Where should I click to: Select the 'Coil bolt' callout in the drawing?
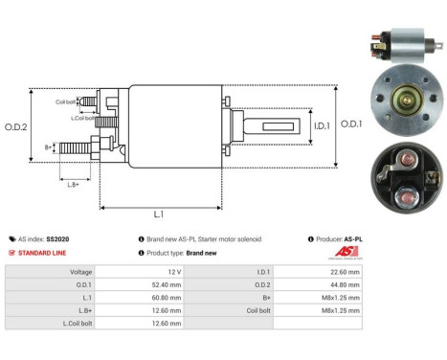64,101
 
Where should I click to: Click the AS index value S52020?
58,239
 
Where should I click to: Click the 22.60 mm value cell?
344,272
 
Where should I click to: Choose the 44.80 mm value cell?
344,284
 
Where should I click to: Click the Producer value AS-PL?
352,239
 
